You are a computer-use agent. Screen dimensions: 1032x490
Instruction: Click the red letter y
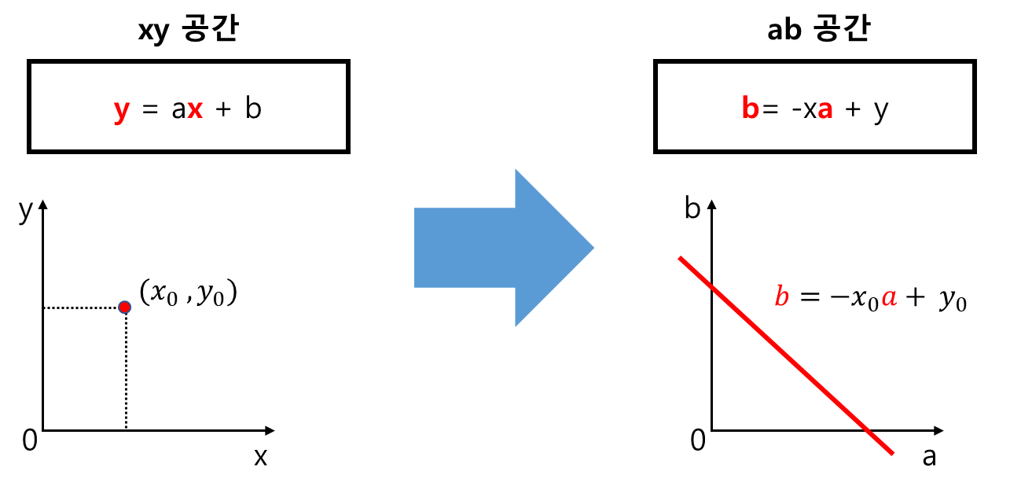click(x=121, y=109)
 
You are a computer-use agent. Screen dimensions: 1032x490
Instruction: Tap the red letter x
click(x=195, y=109)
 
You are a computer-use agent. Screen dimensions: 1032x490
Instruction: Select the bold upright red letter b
click(x=750, y=109)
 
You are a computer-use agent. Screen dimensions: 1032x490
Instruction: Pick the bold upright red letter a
click(x=824, y=110)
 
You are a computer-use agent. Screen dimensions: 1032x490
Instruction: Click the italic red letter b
click(x=781, y=297)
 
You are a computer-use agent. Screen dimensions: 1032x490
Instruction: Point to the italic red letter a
click(x=889, y=297)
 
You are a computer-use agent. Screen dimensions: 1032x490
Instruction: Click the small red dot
click(x=124, y=307)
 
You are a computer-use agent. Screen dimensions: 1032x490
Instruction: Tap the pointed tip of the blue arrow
click(x=596, y=248)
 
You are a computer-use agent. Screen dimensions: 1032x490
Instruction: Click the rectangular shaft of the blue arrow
click(x=464, y=248)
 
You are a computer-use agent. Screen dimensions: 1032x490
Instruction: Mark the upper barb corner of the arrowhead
click(x=514, y=166)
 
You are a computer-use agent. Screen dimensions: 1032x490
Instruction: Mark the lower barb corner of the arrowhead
click(x=514, y=330)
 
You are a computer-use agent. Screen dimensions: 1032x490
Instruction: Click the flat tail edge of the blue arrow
click(x=414, y=248)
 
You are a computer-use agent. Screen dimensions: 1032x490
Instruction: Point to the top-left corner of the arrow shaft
click(x=414, y=208)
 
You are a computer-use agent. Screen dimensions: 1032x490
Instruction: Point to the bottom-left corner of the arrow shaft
click(x=414, y=288)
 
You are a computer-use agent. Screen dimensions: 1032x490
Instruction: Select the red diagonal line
click(x=786, y=356)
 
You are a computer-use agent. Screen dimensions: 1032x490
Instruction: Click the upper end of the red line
click(x=681, y=258)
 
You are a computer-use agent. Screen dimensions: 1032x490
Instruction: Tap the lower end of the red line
click(x=892, y=453)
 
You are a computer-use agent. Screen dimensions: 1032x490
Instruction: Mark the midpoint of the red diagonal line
click(x=786, y=356)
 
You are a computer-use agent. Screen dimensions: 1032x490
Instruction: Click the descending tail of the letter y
click(x=118, y=121)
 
